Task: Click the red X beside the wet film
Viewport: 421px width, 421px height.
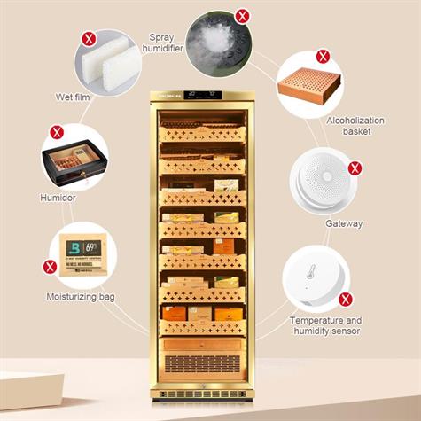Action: click(x=89, y=38)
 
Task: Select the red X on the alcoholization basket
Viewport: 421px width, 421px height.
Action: click(x=324, y=56)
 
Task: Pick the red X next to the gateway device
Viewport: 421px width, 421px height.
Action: click(x=355, y=168)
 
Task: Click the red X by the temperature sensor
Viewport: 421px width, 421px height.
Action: click(x=347, y=298)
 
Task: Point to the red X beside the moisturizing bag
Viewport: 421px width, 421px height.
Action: click(x=51, y=266)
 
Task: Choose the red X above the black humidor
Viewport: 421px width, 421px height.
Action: click(x=56, y=132)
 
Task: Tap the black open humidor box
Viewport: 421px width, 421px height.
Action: click(x=74, y=164)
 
